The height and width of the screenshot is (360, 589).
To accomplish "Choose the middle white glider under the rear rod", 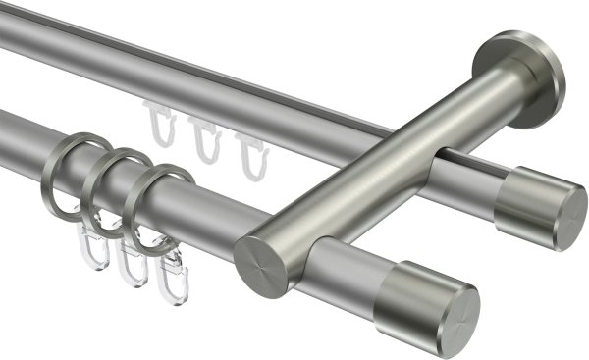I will [x=203, y=137].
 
